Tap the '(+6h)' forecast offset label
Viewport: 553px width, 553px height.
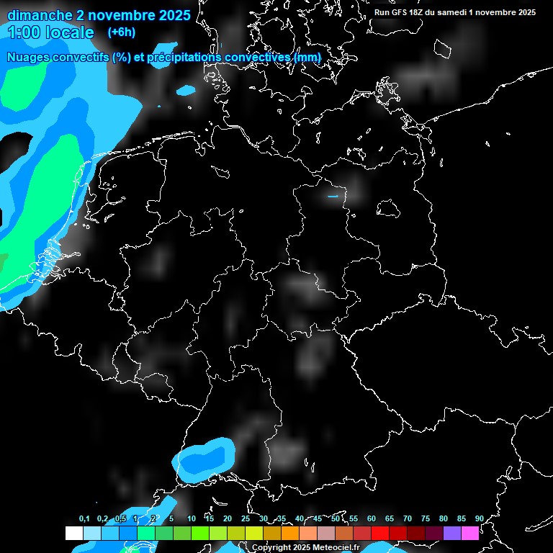[121, 32]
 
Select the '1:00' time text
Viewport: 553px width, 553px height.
[24, 32]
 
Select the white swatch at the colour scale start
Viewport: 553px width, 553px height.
[74, 533]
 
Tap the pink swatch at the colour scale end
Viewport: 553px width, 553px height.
[469, 533]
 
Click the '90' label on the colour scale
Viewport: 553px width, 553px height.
[479, 518]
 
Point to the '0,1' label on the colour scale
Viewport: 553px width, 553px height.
[84, 518]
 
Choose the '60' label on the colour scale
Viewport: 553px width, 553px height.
[372, 518]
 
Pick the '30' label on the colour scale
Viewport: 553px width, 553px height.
[264, 518]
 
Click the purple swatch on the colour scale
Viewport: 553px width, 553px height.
[451, 533]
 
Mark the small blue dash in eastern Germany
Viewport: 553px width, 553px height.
[333, 196]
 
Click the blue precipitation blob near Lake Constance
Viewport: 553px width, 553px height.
[207, 458]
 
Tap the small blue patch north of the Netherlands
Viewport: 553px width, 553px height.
[186, 91]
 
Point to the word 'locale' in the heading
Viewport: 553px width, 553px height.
[69, 32]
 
